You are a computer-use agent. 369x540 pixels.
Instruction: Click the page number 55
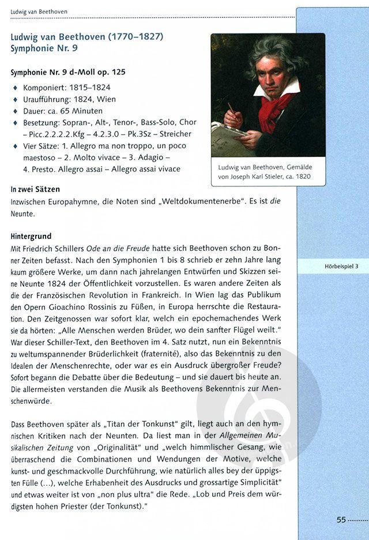(341, 519)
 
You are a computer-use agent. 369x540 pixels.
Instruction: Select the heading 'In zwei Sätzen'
(35, 189)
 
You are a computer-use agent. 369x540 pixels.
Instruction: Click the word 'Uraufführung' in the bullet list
(46, 99)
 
